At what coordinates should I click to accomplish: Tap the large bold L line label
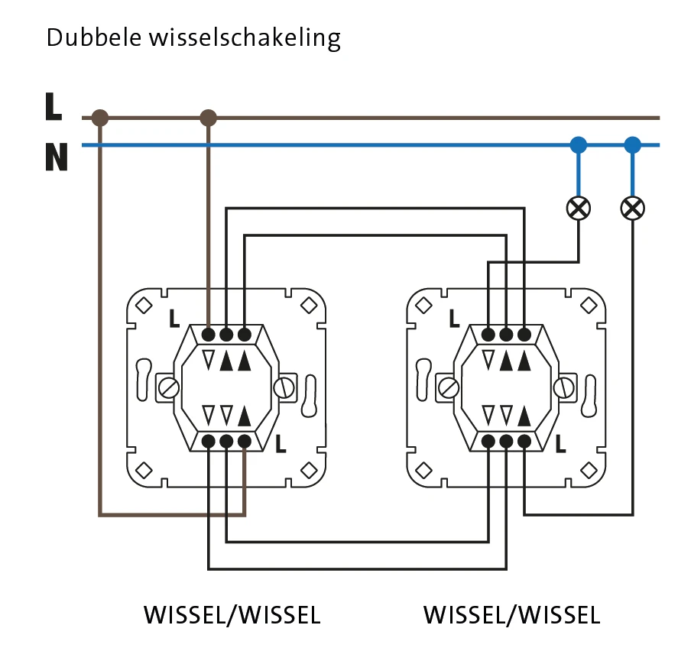click(x=53, y=107)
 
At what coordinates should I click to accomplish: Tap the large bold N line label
click(x=55, y=157)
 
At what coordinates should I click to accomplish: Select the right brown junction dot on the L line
click(x=208, y=118)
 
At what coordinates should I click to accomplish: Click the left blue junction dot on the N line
click(x=579, y=144)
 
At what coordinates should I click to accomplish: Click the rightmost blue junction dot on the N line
click(x=632, y=144)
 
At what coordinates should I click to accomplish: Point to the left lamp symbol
click(x=579, y=207)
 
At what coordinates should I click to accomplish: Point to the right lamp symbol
click(x=632, y=207)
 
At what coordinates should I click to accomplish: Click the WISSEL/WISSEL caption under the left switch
click(x=232, y=615)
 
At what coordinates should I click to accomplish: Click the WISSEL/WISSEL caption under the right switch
click(x=511, y=615)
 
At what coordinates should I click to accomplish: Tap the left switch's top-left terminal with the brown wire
click(x=209, y=334)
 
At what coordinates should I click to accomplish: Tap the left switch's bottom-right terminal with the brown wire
click(x=245, y=441)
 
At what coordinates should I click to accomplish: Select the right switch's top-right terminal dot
click(x=524, y=334)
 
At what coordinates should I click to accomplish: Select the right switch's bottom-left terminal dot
click(x=488, y=441)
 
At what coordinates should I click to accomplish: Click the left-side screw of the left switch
click(x=167, y=387)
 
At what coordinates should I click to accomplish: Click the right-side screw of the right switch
click(x=566, y=387)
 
